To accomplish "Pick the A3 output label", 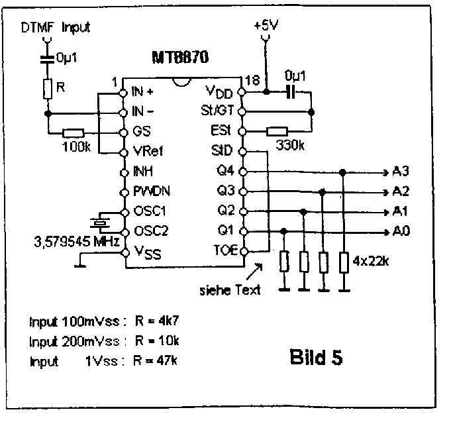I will click(x=399, y=172).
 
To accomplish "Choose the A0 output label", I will click(x=399, y=232).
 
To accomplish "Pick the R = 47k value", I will click(x=158, y=361).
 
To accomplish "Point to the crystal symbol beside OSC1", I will click(x=99, y=222).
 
